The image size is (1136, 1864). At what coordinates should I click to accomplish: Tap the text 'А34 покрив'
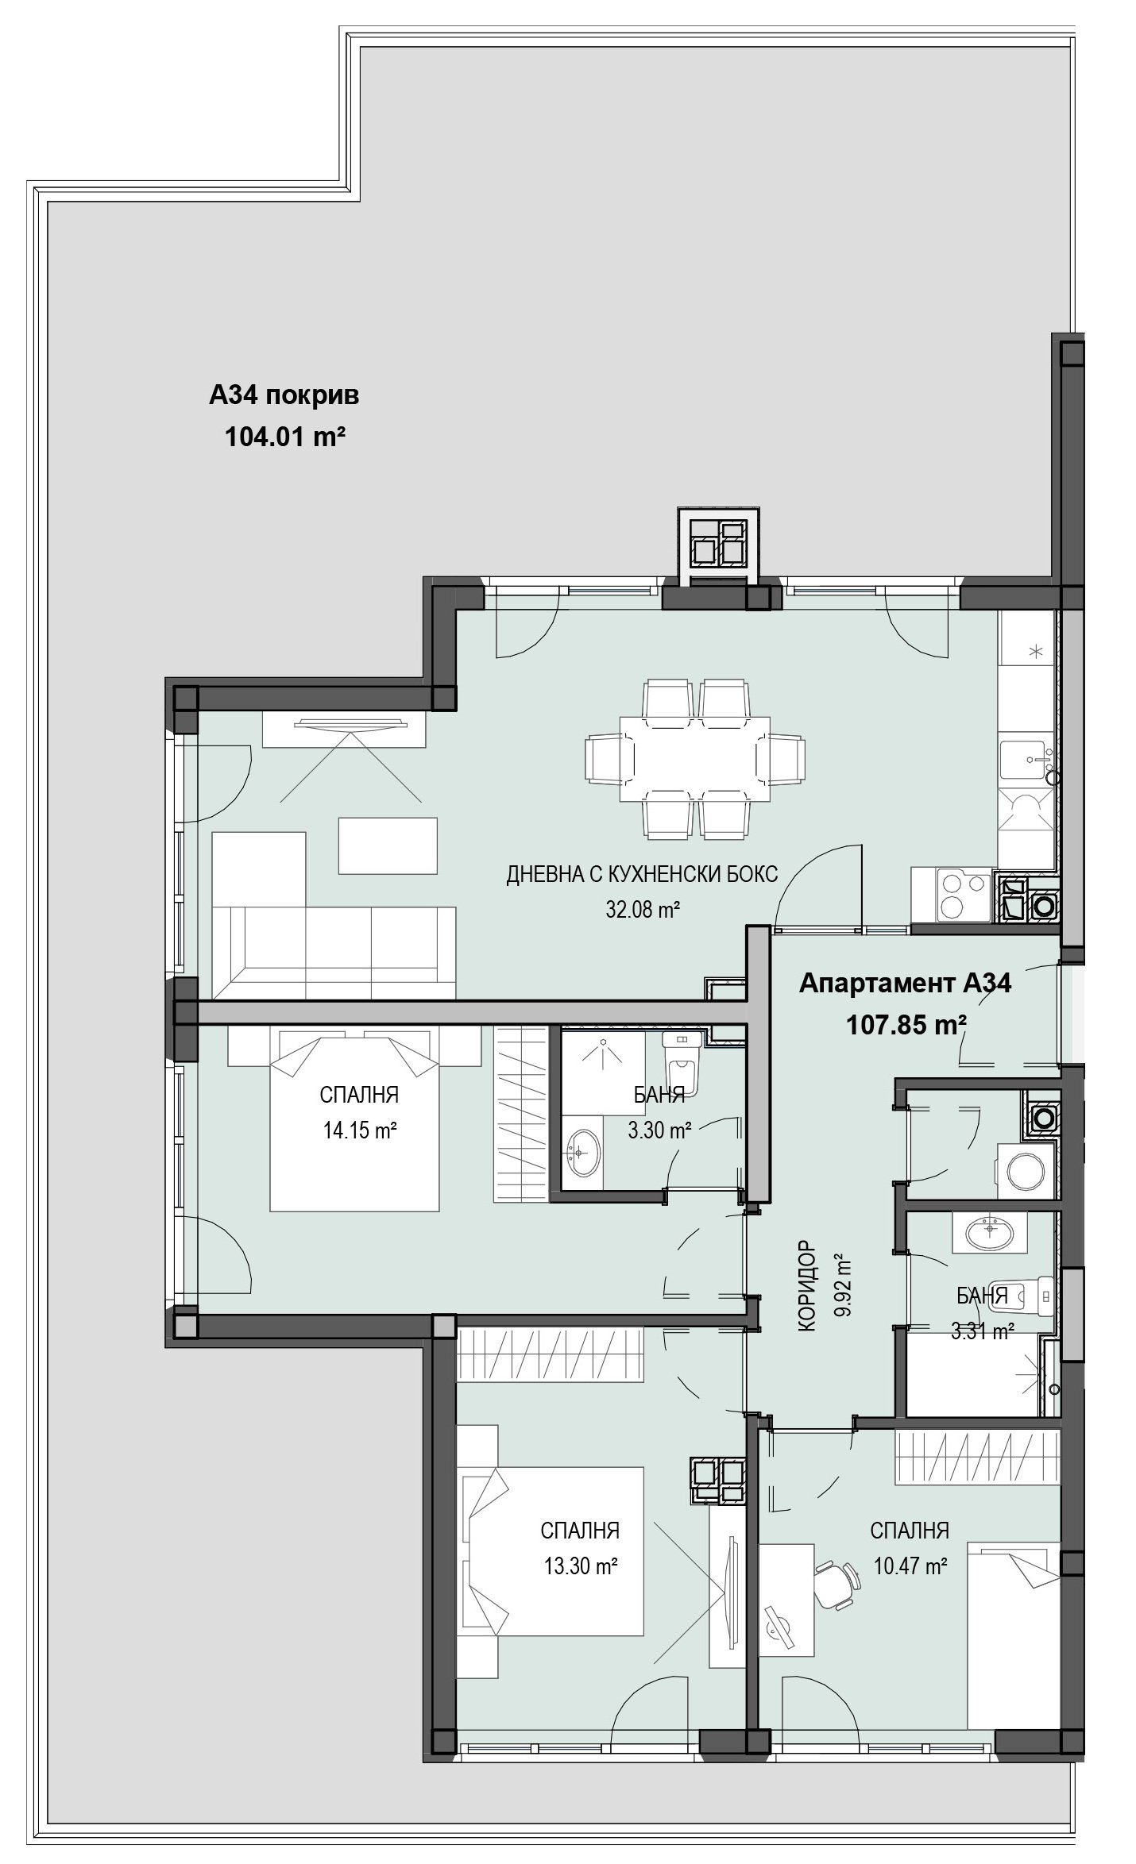(x=284, y=395)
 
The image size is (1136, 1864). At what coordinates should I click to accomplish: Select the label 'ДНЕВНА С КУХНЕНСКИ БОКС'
(x=642, y=875)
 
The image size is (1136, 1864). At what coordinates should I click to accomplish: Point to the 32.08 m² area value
(x=643, y=909)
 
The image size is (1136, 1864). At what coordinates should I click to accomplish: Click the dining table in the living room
(x=695, y=758)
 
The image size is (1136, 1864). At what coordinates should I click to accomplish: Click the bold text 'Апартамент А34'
(x=905, y=984)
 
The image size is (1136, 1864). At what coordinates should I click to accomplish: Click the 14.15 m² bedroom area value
(x=359, y=1130)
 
